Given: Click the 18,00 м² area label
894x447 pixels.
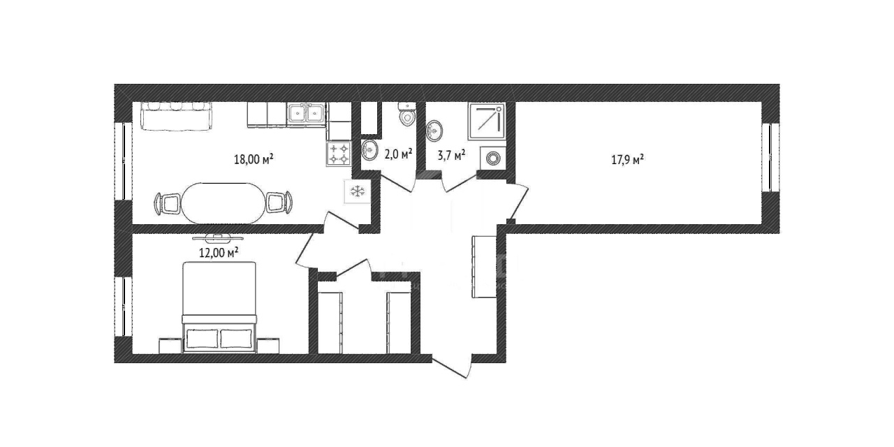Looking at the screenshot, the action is pyautogui.click(x=254, y=160).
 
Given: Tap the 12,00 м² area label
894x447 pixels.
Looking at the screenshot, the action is pyautogui.click(x=219, y=253).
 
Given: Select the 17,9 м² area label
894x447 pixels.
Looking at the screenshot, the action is pyautogui.click(x=627, y=160).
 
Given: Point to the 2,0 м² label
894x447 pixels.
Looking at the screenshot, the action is pyautogui.click(x=398, y=154).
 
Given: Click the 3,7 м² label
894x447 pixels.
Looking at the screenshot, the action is pyautogui.click(x=451, y=155).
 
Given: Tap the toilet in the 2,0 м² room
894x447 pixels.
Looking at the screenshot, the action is pyautogui.click(x=407, y=114).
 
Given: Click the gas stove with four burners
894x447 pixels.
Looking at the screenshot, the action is pyautogui.click(x=339, y=154).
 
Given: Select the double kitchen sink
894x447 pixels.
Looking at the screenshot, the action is pyautogui.click(x=307, y=115).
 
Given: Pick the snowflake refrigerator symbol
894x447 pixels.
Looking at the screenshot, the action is pyautogui.click(x=358, y=191).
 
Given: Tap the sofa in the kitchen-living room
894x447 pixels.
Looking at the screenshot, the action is pyautogui.click(x=176, y=116).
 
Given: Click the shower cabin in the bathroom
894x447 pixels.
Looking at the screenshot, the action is pyautogui.click(x=487, y=122).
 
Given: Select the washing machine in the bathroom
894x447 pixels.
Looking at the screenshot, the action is pyautogui.click(x=492, y=158).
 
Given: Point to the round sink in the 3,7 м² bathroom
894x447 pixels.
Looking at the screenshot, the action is pyautogui.click(x=434, y=131).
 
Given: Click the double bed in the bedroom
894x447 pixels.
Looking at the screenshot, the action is pyautogui.click(x=219, y=307).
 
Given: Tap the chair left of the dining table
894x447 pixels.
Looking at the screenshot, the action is pyautogui.click(x=167, y=203).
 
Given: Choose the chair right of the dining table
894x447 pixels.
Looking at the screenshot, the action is pyautogui.click(x=279, y=203).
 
